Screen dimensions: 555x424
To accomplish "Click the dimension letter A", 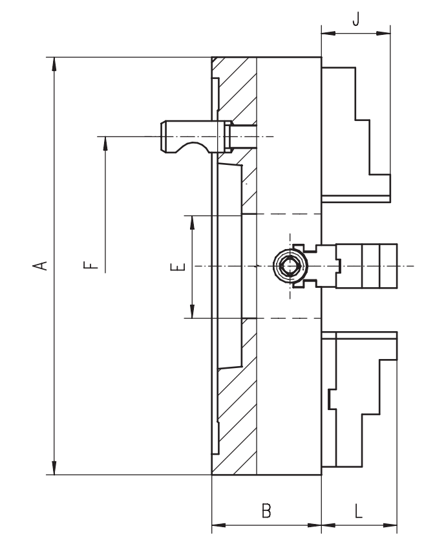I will pyautogui.click(x=39, y=265).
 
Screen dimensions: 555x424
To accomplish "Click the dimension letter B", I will pyautogui.click(x=266, y=510).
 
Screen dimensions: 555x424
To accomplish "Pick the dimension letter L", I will pyautogui.click(x=359, y=510).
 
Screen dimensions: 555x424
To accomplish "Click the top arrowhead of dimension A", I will pyautogui.click(x=54, y=63).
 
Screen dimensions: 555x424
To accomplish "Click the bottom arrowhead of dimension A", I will pyautogui.click(x=54, y=470).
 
